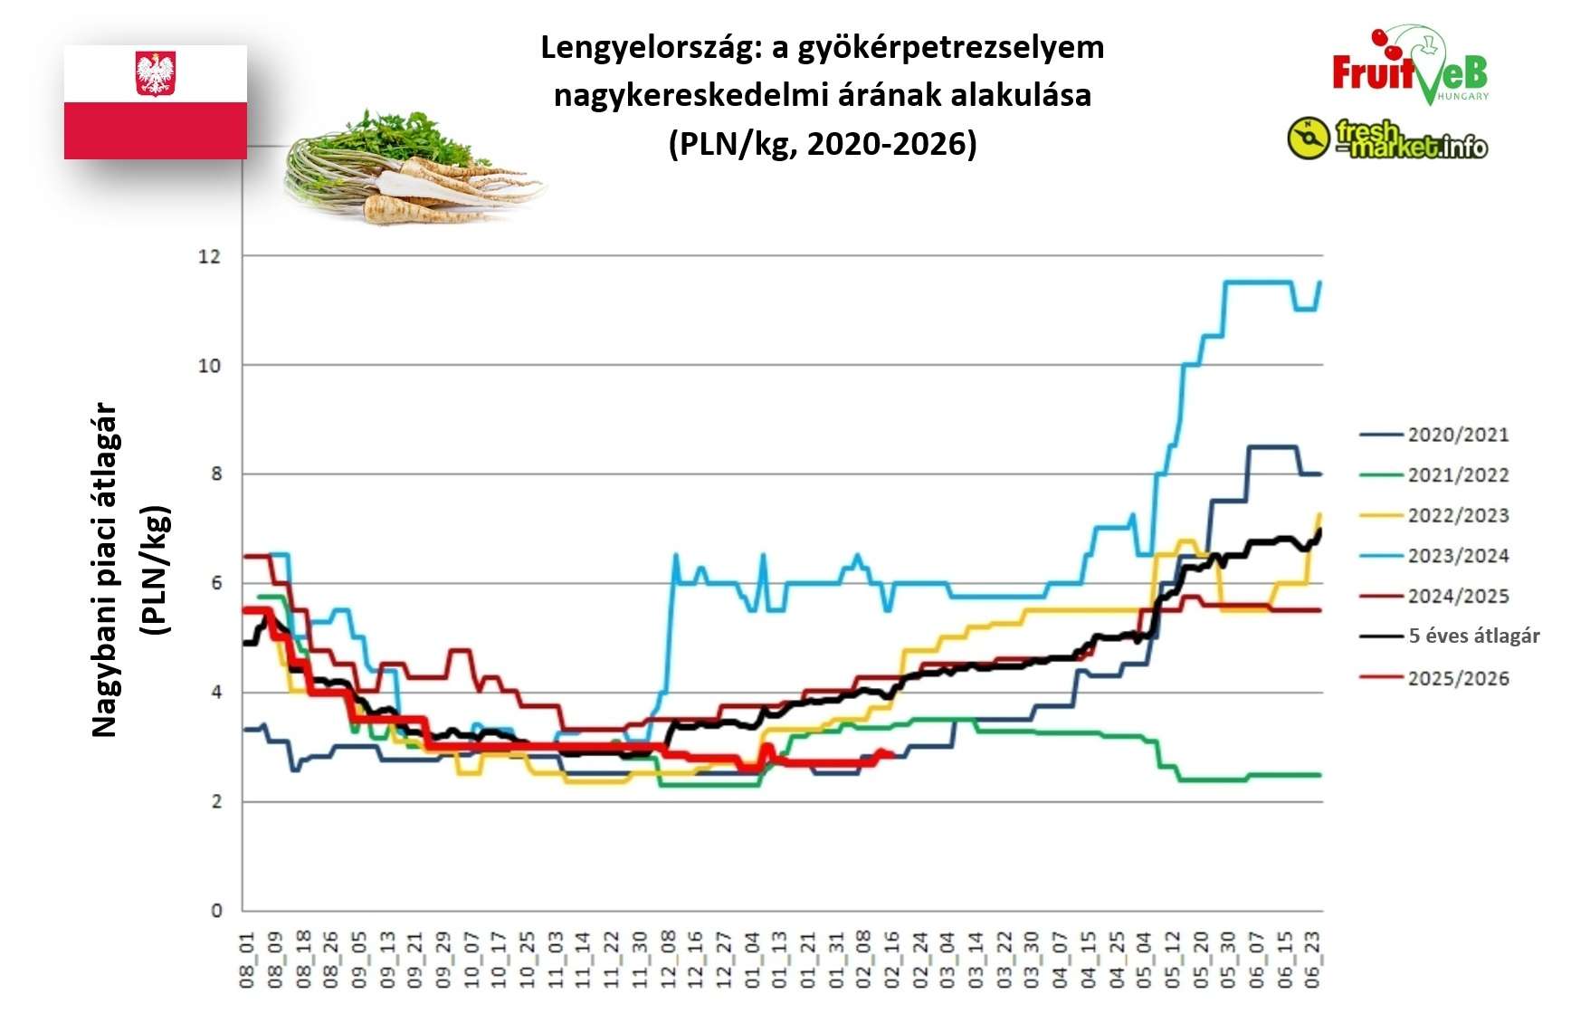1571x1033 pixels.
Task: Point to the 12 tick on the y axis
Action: click(209, 256)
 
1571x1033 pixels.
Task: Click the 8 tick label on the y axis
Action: click(215, 474)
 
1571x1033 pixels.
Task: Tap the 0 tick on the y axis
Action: click(215, 911)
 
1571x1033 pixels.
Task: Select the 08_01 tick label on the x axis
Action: click(248, 960)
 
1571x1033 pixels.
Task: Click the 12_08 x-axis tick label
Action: click(668, 960)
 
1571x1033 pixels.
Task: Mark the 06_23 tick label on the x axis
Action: click(1313, 960)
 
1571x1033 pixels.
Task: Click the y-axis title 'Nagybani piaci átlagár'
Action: click(105, 570)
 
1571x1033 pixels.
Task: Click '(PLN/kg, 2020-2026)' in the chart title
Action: click(822, 143)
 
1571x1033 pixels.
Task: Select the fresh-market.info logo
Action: click(1387, 139)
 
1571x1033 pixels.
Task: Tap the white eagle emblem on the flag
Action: click(155, 73)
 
